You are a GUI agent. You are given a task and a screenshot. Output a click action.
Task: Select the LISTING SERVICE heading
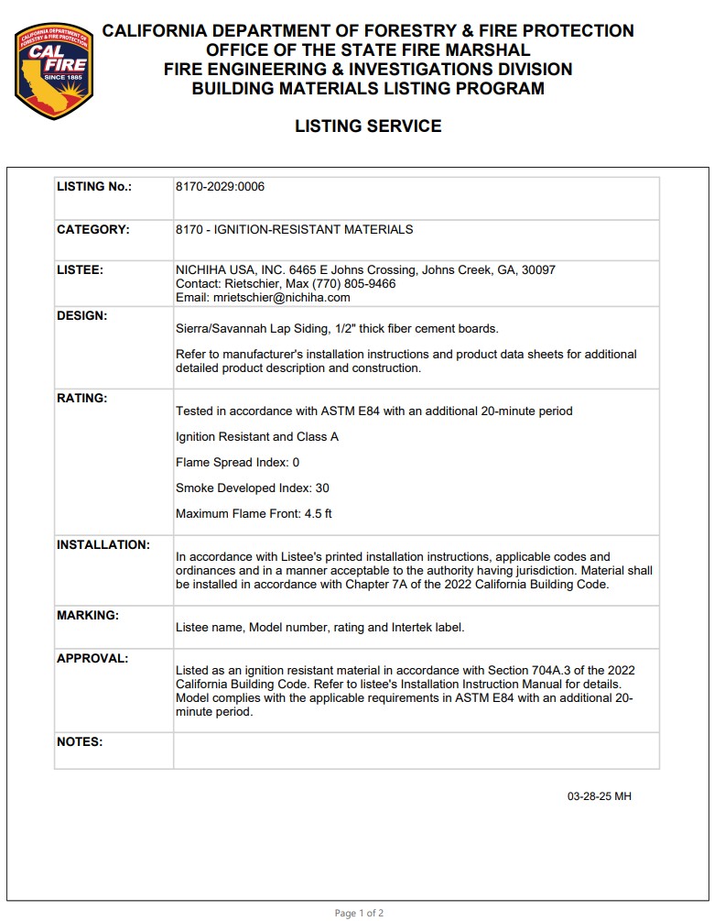click(368, 126)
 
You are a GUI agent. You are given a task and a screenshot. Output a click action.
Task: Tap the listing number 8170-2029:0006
click(220, 187)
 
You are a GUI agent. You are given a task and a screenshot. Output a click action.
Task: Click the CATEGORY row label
click(93, 229)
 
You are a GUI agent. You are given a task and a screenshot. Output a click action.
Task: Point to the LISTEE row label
click(80, 270)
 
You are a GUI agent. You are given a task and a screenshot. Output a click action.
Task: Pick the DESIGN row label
click(82, 315)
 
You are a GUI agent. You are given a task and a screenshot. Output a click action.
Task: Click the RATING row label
click(82, 398)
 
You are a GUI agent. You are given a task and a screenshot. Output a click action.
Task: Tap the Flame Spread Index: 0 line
click(237, 462)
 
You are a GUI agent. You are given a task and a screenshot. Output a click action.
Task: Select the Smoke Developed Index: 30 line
click(252, 488)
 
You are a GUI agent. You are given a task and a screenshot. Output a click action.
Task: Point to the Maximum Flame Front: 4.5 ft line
click(254, 513)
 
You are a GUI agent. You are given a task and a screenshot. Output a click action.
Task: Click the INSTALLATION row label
click(103, 544)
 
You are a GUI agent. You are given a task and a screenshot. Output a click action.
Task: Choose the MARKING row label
click(88, 615)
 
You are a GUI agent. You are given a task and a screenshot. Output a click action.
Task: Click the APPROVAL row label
click(92, 658)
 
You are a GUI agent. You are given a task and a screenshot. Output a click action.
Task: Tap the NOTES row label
click(80, 741)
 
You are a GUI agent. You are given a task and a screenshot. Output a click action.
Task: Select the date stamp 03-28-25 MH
click(599, 796)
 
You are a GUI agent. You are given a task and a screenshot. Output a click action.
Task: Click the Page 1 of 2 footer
click(359, 913)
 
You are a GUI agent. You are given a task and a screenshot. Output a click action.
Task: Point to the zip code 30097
click(537, 270)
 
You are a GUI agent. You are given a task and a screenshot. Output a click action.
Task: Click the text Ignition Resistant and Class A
click(256, 436)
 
